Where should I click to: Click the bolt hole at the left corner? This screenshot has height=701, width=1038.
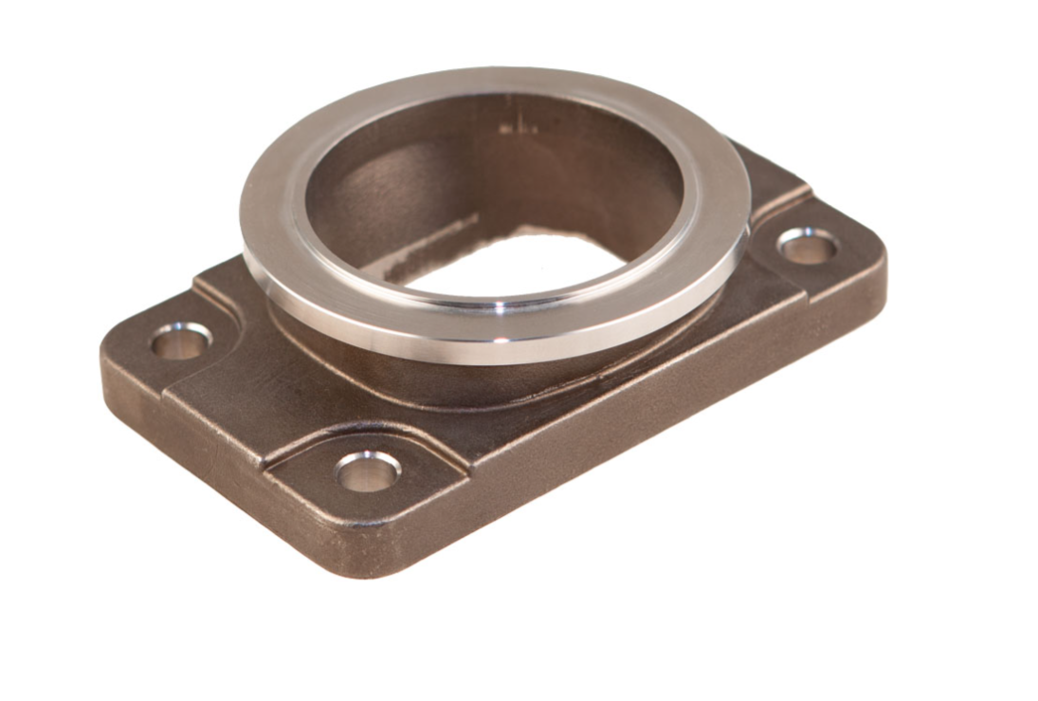click(180, 341)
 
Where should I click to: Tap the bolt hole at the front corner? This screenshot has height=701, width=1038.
click(368, 471)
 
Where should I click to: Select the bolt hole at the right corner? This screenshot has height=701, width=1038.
click(807, 247)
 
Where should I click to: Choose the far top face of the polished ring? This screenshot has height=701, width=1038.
click(493, 81)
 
